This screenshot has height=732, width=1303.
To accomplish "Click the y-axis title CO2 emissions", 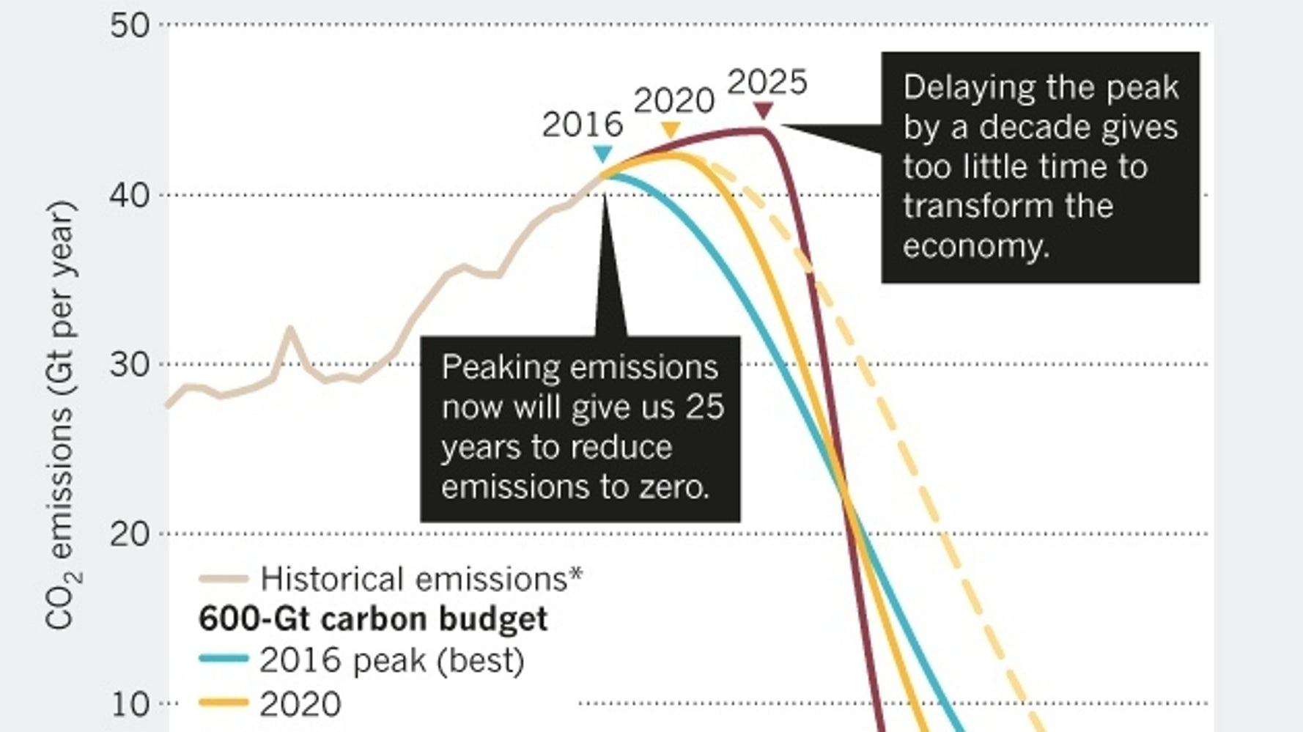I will tap(60, 415).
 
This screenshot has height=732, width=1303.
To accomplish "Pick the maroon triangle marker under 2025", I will tap(764, 111).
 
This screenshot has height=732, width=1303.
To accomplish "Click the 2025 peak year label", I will tap(767, 82).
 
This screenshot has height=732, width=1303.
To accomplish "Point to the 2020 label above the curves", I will tap(673, 101).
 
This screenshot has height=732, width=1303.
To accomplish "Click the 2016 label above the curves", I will tap(582, 125).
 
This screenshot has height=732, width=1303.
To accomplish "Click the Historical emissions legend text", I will tap(421, 579).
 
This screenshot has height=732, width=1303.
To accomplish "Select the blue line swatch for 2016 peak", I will tap(224, 659).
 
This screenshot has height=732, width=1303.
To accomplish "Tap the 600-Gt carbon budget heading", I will tap(372, 619).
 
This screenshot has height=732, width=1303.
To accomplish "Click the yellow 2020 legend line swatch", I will tap(224, 703).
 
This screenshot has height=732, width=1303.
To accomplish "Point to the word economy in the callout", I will tap(975, 247).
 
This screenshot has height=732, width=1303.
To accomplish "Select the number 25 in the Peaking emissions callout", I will tap(704, 407).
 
